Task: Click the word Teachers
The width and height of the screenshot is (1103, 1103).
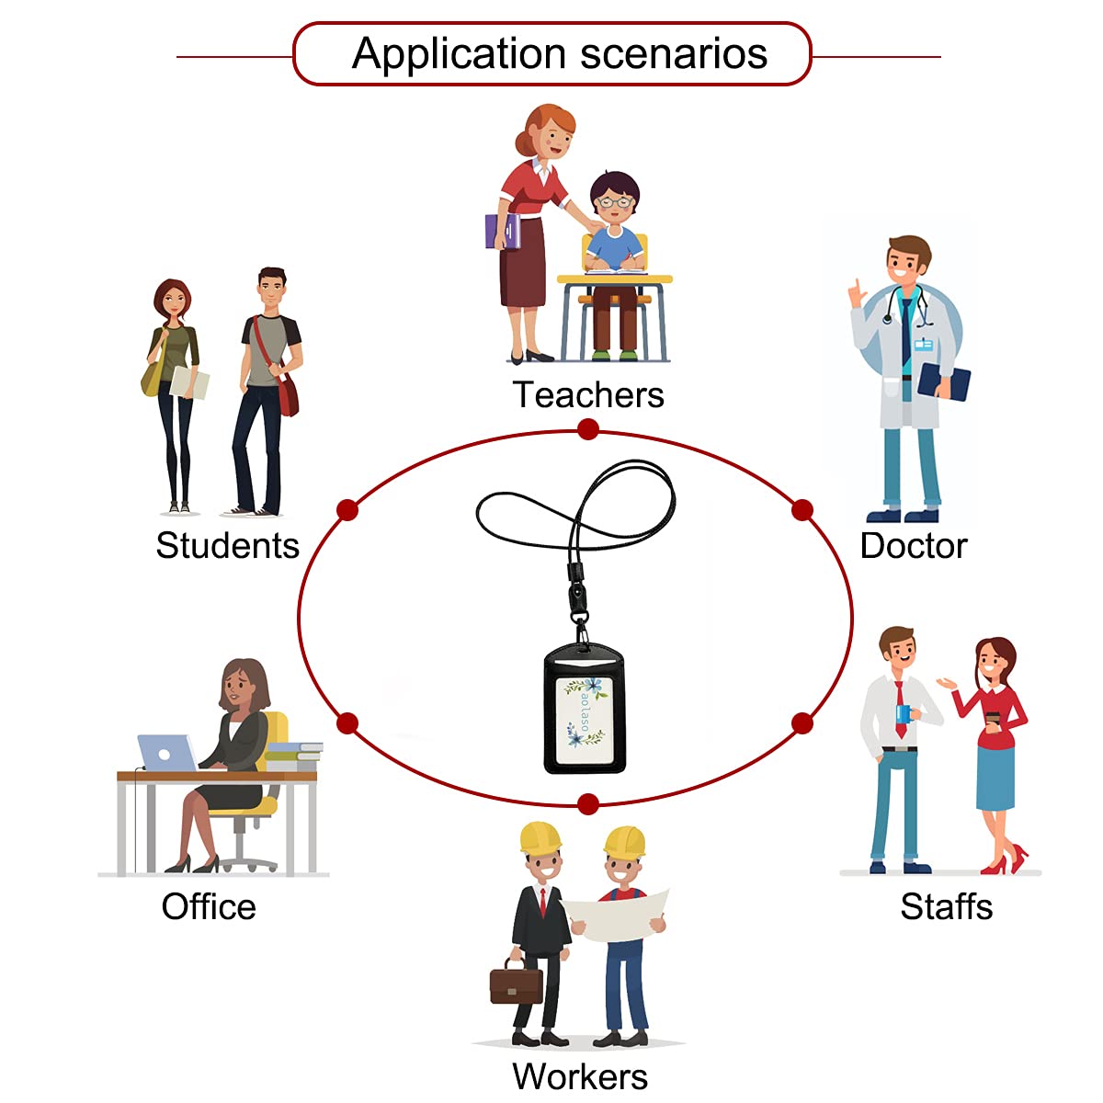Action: click(x=588, y=395)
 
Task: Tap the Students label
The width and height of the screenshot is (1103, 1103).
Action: click(x=228, y=546)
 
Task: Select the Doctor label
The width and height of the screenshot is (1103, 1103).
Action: click(x=914, y=546)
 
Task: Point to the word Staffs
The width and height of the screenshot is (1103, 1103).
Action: click(x=946, y=907)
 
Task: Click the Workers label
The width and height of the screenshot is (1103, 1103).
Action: click(x=580, y=1076)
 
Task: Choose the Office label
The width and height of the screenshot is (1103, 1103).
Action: click(x=209, y=907)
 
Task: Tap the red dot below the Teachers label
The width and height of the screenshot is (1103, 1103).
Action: click(x=588, y=429)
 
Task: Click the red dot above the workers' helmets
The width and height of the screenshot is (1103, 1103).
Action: click(x=588, y=805)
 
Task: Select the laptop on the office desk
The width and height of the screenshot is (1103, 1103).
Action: click(x=166, y=753)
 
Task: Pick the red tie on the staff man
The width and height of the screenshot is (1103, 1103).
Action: click(x=900, y=708)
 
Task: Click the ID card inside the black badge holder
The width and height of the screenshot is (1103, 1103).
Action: click(x=586, y=711)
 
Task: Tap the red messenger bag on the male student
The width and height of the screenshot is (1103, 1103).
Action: click(x=288, y=393)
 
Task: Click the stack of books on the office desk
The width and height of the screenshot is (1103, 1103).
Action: click(x=293, y=756)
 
